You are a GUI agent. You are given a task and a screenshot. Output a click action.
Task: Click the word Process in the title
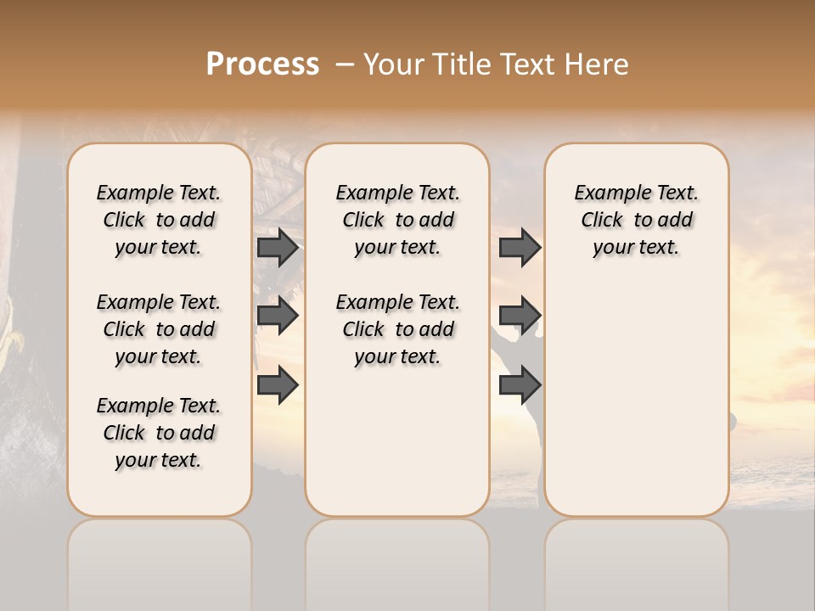click(262, 64)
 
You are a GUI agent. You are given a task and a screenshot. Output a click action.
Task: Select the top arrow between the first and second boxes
click(278, 248)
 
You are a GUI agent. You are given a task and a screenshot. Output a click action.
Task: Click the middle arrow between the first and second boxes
click(278, 316)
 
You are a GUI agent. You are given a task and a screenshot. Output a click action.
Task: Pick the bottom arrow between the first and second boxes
click(278, 385)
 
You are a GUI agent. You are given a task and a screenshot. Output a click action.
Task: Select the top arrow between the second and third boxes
click(520, 248)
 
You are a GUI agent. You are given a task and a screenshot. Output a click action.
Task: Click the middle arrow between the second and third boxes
click(520, 316)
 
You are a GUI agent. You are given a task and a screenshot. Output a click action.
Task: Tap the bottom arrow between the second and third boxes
click(520, 385)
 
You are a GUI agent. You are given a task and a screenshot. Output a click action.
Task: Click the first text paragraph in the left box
click(159, 220)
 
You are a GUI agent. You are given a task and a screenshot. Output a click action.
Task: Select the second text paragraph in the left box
click(159, 329)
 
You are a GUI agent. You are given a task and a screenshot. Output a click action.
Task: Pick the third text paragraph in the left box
click(159, 433)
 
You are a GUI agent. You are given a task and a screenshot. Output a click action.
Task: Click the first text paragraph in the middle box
click(397, 220)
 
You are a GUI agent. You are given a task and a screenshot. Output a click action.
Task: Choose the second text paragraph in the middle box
click(397, 329)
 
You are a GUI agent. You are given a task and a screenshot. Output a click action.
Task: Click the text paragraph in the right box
click(636, 220)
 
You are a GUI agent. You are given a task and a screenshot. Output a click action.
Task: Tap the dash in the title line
click(345, 64)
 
